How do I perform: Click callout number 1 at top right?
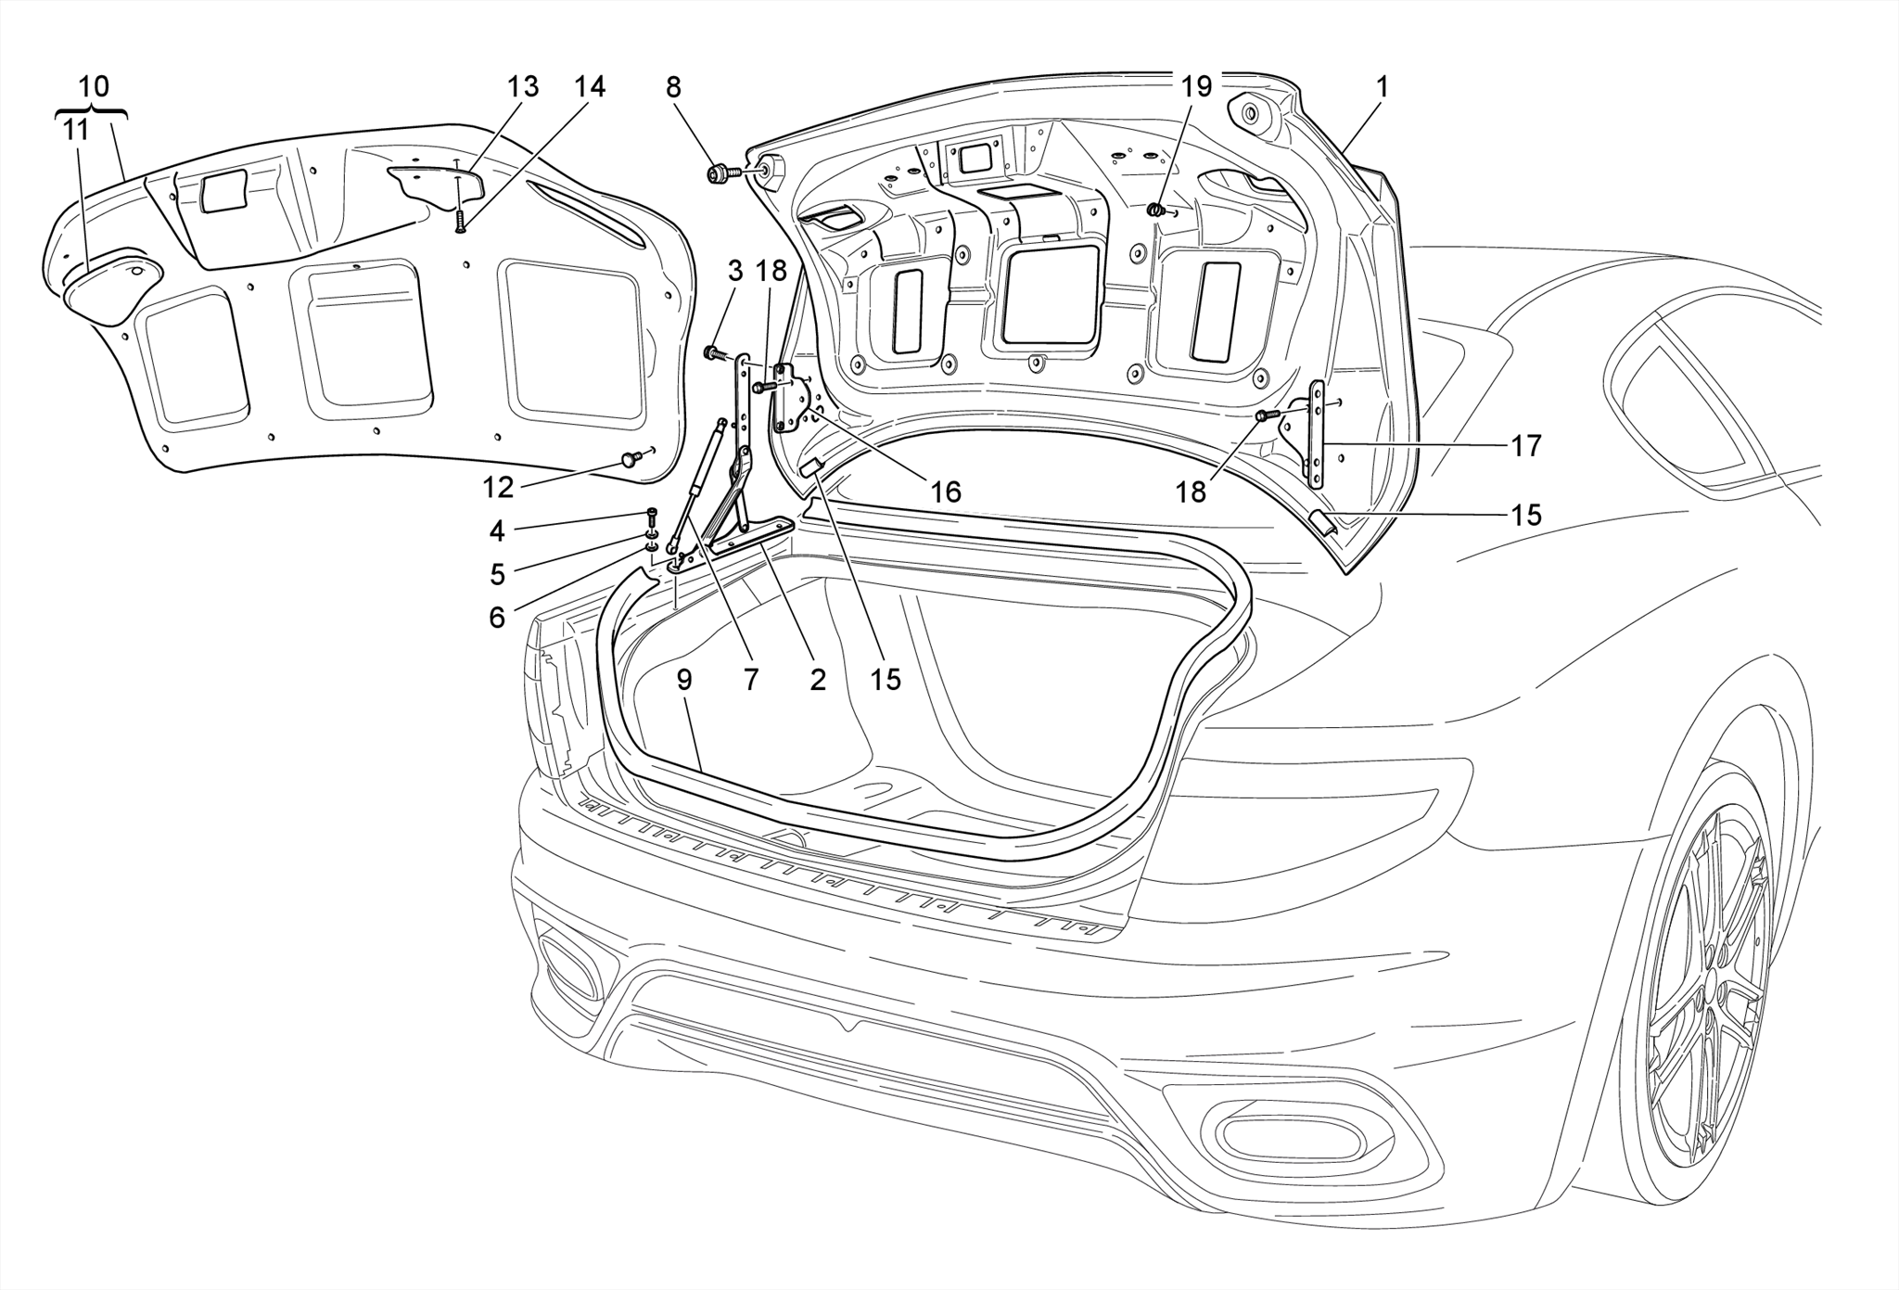tap(1382, 87)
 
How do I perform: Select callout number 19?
tap(1196, 87)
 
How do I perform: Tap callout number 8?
tap(673, 87)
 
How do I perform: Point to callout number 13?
tap(523, 87)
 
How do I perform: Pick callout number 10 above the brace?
tap(94, 86)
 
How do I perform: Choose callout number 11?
tap(76, 130)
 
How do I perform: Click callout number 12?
tap(497, 487)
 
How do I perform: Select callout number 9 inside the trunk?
tap(684, 680)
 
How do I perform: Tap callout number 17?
tap(1526, 446)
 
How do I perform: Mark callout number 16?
tap(946, 492)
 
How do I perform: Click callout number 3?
tap(735, 272)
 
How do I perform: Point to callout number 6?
tap(497, 617)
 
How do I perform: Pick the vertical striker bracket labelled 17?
tap(1318, 434)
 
